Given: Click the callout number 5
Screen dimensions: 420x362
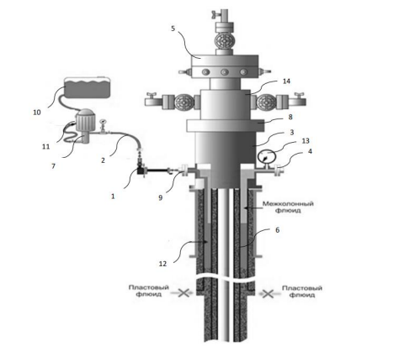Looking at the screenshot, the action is (173, 29).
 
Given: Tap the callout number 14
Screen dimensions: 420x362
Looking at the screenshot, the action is (286, 81).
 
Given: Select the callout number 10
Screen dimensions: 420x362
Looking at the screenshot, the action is (37, 113).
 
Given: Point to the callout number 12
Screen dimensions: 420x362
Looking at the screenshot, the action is (162, 264).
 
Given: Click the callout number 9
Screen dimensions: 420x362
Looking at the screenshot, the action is (161, 197).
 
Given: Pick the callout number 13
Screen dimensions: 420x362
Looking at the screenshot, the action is (306, 141).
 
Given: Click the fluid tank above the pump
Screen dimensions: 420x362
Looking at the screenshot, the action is (87, 87).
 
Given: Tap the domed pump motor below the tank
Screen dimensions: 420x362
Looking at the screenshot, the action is (84, 120).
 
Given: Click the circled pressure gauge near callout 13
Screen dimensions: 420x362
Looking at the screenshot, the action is (266, 157).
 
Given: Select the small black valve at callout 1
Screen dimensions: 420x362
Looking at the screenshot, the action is (141, 171).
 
